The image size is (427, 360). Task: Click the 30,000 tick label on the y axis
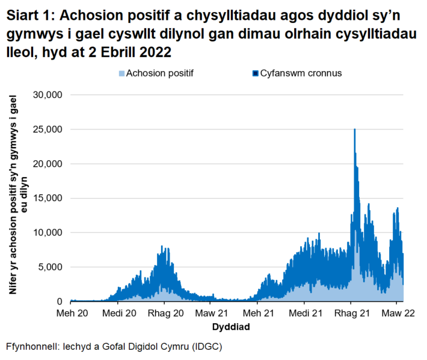pos(48,95)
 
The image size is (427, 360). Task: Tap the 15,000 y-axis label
pos(48,198)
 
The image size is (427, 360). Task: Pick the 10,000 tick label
pos(48,232)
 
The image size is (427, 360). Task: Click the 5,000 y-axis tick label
pos(51,267)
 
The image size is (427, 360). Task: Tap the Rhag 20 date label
pos(165,314)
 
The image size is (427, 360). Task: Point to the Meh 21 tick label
pos(259,314)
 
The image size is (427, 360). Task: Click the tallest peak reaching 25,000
pos(355,130)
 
